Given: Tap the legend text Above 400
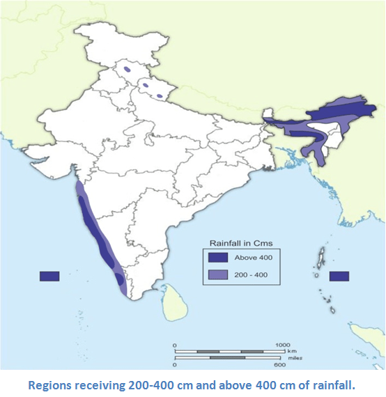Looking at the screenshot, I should tap(254, 258).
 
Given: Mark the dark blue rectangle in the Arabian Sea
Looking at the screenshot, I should tap(49, 276).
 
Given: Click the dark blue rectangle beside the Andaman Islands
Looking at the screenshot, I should tap(339, 276).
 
